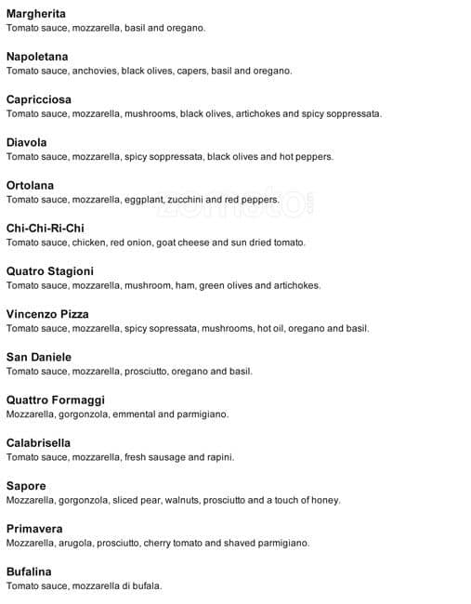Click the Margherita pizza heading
click(35, 13)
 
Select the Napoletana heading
click(36, 56)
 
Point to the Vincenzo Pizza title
click(47, 314)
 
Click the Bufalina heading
click(29, 571)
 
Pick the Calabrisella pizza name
click(38, 442)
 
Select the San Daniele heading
click(38, 357)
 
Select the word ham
click(183, 285)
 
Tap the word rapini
click(219, 457)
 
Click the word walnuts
click(181, 500)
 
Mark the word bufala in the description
click(147, 585)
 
